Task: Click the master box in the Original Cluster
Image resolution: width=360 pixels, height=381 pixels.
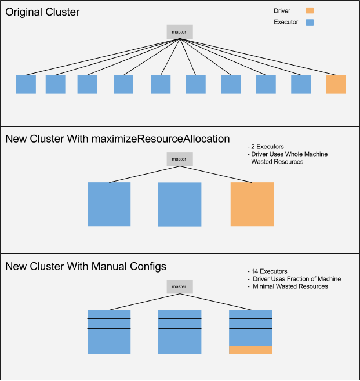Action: [x=180, y=31]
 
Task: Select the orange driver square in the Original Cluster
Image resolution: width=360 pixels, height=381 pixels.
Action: [x=336, y=84]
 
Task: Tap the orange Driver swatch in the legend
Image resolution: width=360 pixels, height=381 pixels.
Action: [x=310, y=10]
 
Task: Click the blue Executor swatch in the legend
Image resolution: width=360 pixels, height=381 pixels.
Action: [x=310, y=23]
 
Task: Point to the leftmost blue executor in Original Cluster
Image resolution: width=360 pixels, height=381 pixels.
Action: [x=26, y=84]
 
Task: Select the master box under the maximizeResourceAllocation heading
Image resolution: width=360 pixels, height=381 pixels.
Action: [x=180, y=159]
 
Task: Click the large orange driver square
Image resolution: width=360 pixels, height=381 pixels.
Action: [x=252, y=204]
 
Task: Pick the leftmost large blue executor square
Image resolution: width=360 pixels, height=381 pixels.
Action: [x=109, y=204]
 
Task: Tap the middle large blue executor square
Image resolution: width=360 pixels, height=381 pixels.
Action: [x=180, y=204]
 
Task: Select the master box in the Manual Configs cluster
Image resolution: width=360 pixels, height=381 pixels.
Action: [x=180, y=286]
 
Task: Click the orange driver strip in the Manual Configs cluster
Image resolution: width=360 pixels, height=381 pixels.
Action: [x=250, y=350]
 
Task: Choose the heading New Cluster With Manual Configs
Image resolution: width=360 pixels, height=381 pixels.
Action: [x=86, y=267]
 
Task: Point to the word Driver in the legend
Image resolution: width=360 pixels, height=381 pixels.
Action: [x=282, y=10]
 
